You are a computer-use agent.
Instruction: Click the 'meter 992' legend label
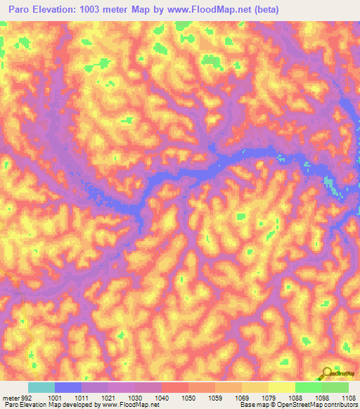point(14,397)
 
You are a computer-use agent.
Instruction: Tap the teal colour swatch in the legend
point(41,387)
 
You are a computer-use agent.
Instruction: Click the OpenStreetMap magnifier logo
point(328,373)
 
